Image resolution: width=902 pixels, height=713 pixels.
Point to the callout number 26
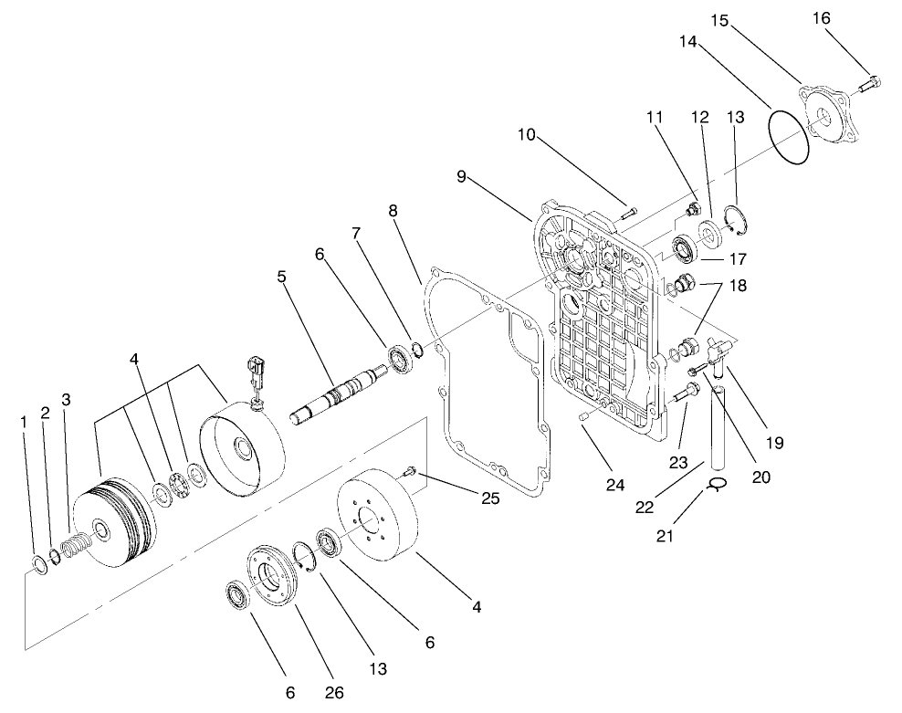(x=334, y=692)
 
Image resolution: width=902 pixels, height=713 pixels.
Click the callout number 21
(x=665, y=535)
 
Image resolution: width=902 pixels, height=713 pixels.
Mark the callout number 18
(x=739, y=285)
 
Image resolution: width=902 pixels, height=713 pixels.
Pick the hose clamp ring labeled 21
(x=716, y=486)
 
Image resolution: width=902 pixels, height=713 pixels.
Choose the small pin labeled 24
(x=582, y=416)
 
